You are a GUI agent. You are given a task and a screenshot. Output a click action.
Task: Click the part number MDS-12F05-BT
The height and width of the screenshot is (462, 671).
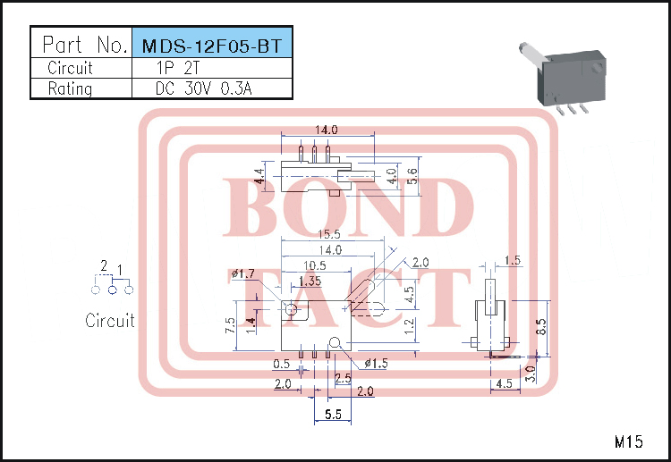(211, 46)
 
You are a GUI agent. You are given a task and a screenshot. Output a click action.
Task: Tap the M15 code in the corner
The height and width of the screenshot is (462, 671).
(629, 441)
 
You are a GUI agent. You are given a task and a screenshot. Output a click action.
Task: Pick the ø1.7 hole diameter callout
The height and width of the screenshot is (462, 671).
(243, 273)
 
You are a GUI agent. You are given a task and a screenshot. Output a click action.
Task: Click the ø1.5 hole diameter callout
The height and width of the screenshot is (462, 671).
(377, 363)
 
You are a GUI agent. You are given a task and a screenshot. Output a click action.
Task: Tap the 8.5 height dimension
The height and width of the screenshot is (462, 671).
(540, 327)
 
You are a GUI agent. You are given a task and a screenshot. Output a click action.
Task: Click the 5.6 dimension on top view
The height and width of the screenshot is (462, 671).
(412, 175)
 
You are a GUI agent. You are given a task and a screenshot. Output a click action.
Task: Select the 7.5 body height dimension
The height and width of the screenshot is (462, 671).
(231, 323)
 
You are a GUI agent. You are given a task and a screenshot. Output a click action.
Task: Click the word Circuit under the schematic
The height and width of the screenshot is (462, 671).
(110, 320)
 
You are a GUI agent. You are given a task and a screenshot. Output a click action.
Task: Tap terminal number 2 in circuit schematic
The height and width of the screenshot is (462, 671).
(104, 266)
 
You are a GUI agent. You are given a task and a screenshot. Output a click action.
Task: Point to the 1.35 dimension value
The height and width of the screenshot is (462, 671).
(310, 281)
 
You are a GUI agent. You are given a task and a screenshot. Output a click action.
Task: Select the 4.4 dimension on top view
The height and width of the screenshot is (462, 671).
(259, 176)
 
